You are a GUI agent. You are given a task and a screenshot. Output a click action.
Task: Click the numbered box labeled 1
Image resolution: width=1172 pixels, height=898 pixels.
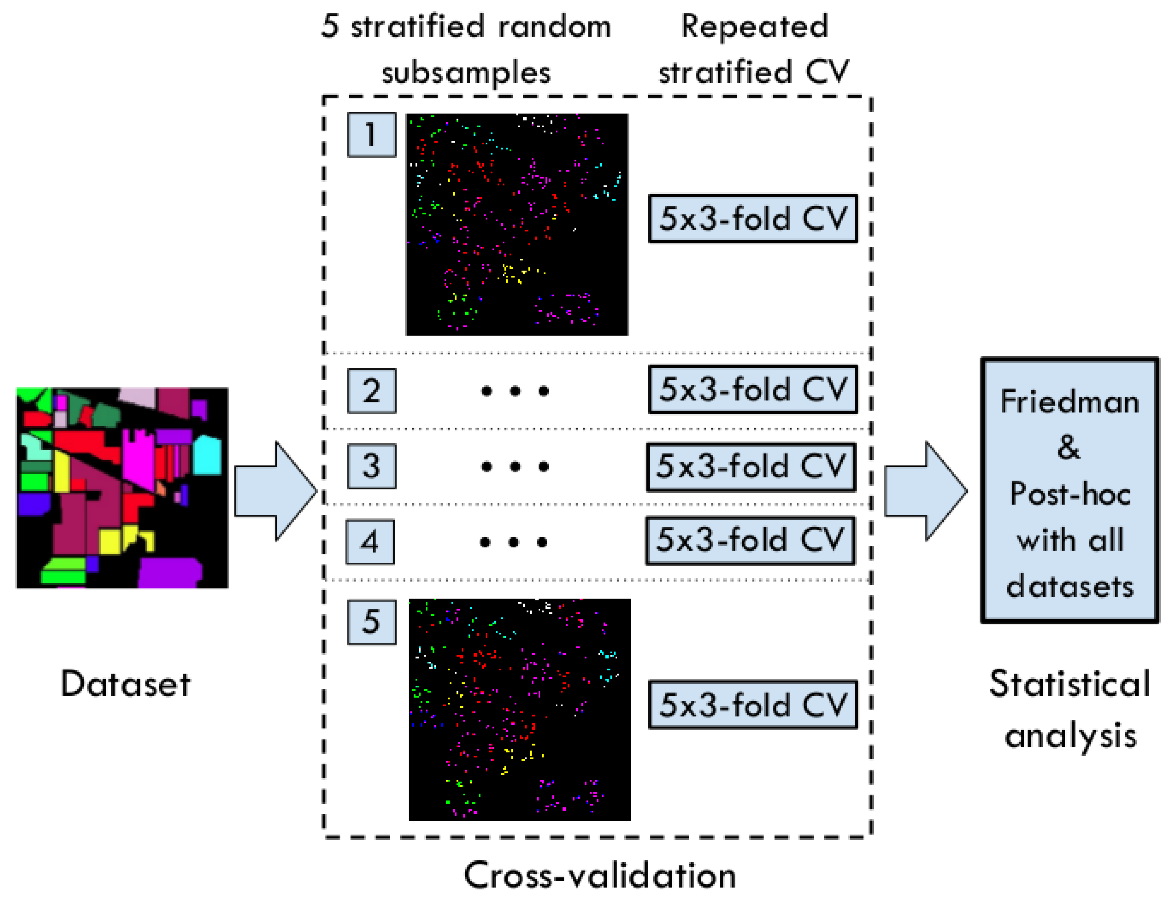(x=372, y=135)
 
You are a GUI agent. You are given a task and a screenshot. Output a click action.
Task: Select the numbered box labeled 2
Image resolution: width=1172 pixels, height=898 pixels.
(x=372, y=391)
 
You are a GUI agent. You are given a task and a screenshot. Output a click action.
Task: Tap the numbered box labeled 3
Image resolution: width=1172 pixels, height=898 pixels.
(x=372, y=466)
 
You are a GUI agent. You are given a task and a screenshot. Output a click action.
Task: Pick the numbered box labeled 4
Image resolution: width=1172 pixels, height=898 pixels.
(x=370, y=541)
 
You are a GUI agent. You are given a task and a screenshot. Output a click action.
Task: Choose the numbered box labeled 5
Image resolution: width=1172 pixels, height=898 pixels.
(x=372, y=622)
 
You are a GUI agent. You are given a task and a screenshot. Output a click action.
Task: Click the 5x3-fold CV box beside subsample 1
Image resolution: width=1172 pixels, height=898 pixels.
(x=753, y=219)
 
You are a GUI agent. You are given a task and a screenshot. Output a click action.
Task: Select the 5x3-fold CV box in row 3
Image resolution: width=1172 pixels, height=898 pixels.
(x=751, y=467)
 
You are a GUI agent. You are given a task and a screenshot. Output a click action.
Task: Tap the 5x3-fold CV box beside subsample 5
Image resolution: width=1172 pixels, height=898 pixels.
(x=753, y=705)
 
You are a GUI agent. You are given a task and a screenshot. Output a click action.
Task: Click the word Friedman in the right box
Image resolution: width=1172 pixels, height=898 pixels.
(x=1070, y=402)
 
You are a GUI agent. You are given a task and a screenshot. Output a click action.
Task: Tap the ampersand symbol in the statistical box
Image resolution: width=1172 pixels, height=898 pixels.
(x=1069, y=448)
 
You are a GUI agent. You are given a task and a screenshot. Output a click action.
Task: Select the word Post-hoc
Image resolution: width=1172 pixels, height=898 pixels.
(x=1070, y=494)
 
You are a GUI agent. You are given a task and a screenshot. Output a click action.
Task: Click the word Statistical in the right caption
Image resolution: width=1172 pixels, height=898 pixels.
(x=1070, y=684)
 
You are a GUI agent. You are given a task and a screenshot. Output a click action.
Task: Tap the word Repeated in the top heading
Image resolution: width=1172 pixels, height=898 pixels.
(x=754, y=27)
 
